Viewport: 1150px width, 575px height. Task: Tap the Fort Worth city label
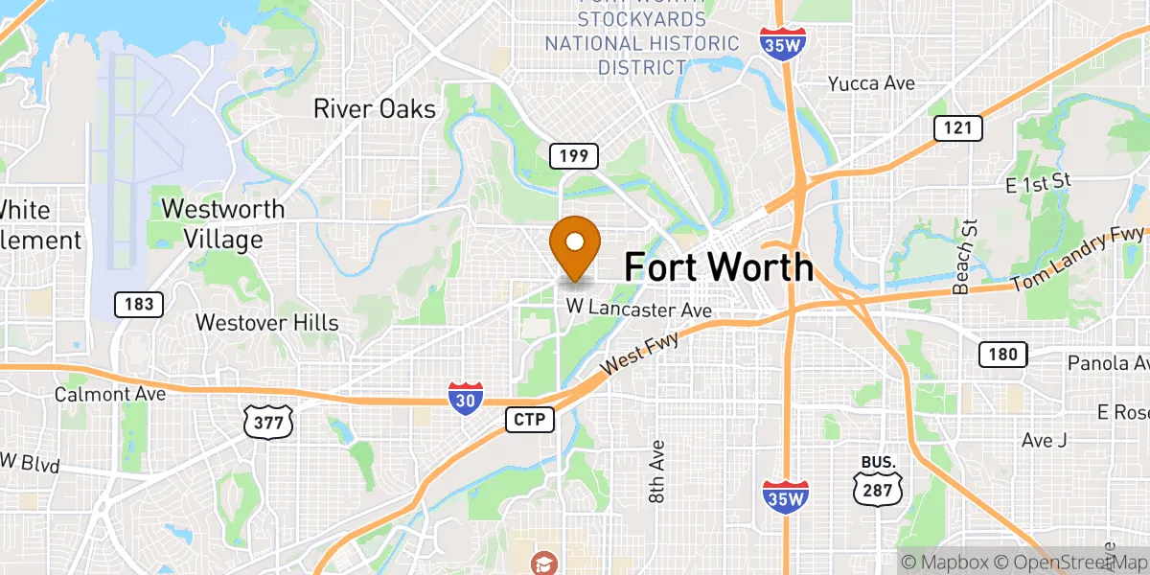(719, 266)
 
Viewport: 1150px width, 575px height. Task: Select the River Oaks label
(375, 109)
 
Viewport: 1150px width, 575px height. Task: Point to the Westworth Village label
(223, 223)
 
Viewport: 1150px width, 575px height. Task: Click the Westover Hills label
(266, 322)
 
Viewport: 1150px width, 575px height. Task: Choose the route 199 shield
(574, 155)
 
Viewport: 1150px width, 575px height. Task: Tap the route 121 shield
(958, 128)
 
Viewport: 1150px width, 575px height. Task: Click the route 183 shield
(139, 305)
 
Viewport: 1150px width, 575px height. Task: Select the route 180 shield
(1002, 355)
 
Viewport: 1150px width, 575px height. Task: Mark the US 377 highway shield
(267, 422)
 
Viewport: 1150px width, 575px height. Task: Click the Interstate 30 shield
(465, 397)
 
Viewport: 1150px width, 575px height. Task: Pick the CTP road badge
(530, 420)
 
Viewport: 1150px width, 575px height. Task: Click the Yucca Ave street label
(871, 83)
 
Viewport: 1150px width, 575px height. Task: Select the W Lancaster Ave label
(638, 309)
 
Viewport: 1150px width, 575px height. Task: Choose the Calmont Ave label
(110, 393)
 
